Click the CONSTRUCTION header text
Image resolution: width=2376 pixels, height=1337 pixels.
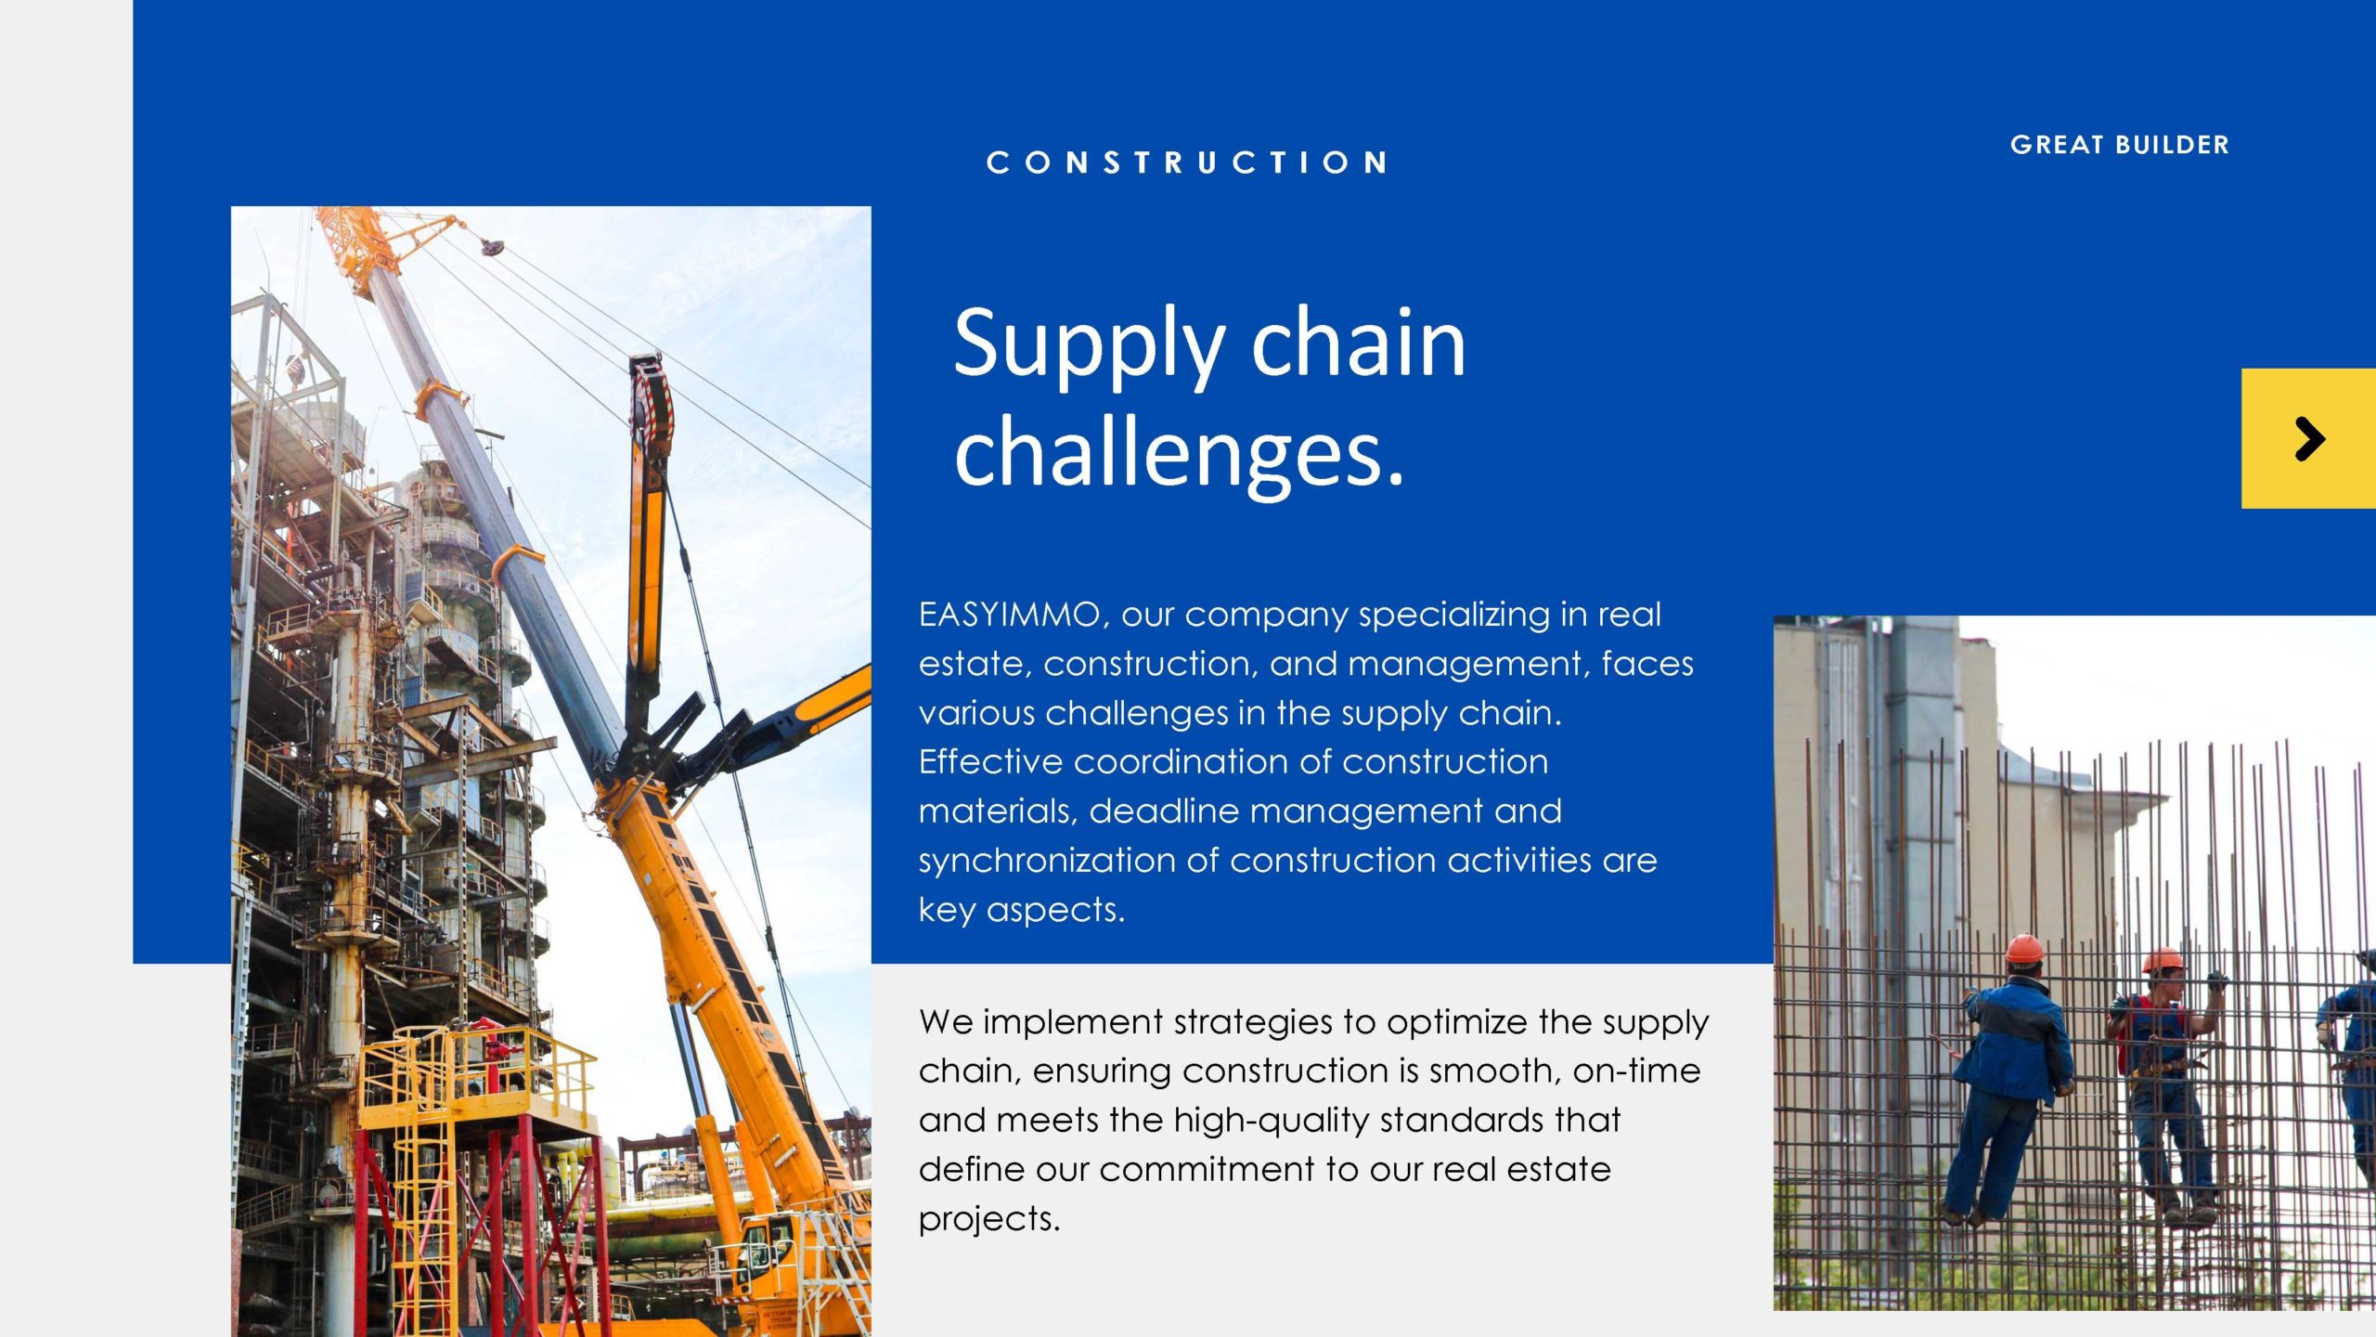[x=1186, y=162]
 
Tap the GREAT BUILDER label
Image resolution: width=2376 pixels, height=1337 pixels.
[x=2119, y=145]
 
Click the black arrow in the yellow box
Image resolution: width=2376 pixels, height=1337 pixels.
[x=2309, y=438]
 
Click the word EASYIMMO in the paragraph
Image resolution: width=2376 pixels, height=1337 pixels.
[x=1009, y=615]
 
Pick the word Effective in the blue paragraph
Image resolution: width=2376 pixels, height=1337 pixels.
[x=989, y=761]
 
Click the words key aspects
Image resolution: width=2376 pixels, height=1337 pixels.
[x=1021, y=911]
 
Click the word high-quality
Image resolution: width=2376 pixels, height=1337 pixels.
[x=1271, y=1121]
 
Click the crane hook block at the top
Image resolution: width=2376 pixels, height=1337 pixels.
[x=492, y=247]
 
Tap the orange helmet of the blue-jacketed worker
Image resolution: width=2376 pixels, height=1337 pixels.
[x=2024, y=949]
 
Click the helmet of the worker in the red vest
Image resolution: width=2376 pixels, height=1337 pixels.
[x=2163, y=960]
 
